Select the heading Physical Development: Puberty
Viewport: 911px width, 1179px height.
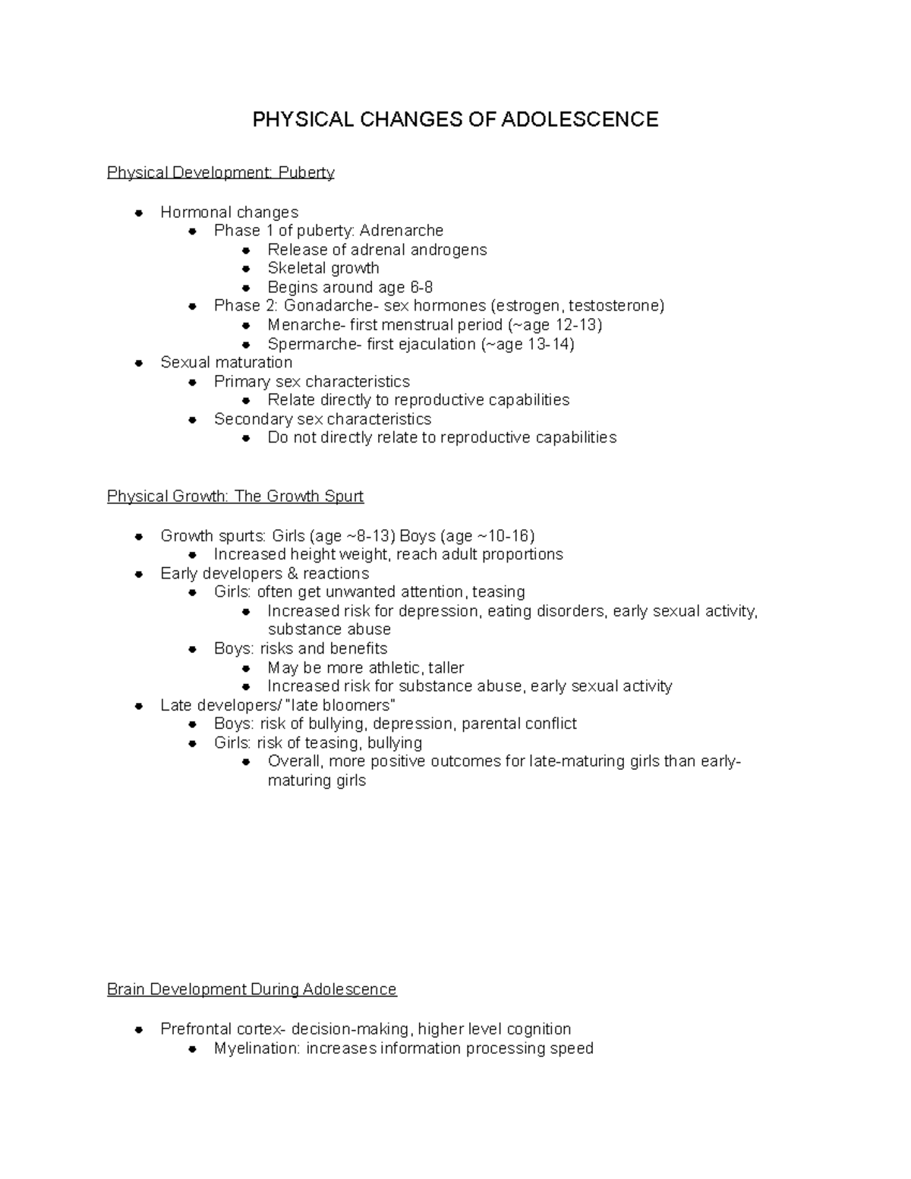coord(220,172)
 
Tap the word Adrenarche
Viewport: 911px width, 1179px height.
coord(402,230)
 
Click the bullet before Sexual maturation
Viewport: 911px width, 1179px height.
coord(139,363)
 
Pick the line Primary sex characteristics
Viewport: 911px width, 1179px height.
coord(311,381)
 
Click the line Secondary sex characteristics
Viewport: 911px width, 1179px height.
coord(322,419)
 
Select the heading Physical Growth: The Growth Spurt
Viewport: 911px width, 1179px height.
coord(235,496)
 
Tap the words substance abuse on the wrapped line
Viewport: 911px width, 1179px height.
coord(329,629)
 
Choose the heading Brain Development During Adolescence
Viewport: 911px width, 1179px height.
coord(251,989)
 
